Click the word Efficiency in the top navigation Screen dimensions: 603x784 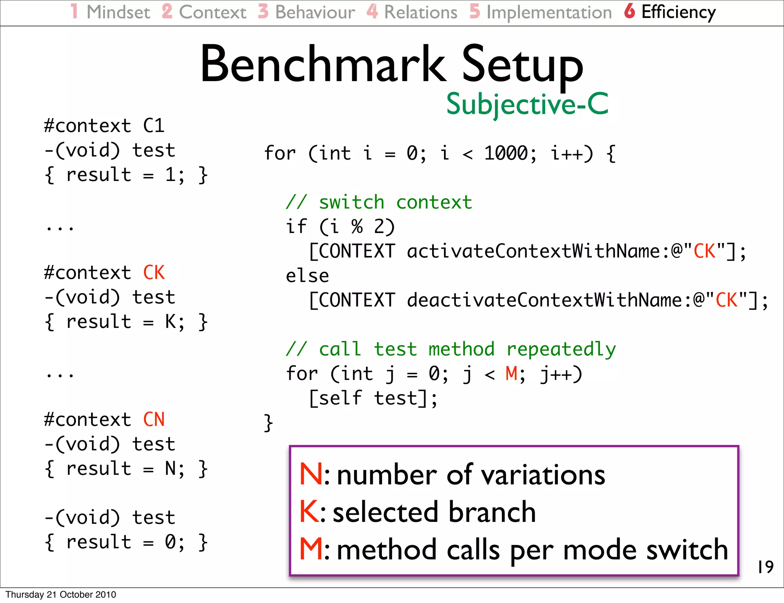pos(678,12)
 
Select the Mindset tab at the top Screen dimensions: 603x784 pos(118,12)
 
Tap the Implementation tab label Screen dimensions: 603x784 pos(549,12)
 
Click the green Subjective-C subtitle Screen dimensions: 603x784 pos(527,104)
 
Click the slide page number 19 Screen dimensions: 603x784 pos(765,567)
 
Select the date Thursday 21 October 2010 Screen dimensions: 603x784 pos(60,595)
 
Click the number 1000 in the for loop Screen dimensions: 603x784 pos(506,153)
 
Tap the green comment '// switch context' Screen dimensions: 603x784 pos(379,202)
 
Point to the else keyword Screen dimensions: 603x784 pos(307,276)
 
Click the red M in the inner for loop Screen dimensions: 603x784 pos(511,373)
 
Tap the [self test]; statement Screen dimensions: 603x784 pos(373,398)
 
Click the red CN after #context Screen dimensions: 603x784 pos(154,420)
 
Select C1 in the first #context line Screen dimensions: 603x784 pos(154,126)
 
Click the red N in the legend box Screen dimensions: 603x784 pos(310,474)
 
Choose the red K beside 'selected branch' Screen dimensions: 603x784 pos(309,512)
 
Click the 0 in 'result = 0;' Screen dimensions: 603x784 pos(170,542)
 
